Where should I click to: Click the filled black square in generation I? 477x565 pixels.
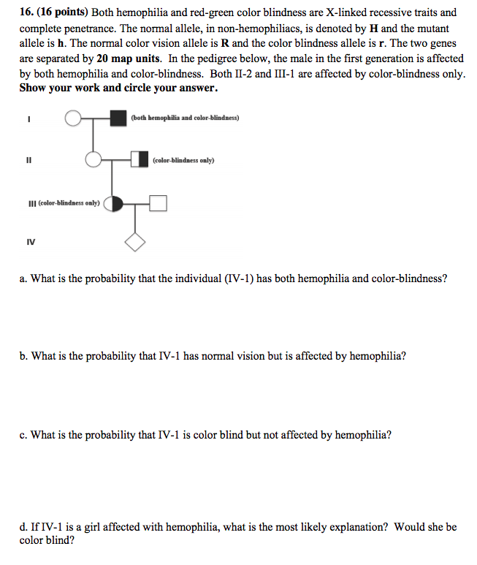[x=118, y=118]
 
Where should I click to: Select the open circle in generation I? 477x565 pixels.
[x=73, y=118]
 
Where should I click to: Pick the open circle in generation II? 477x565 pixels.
[x=94, y=159]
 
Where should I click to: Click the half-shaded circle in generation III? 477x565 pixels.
[x=113, y=203]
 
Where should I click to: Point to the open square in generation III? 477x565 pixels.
[x=159, y=203]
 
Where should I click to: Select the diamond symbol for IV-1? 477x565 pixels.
[x=135, y=243]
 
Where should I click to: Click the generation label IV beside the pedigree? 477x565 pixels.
[x=30, y=241]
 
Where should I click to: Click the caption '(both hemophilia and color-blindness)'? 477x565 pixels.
[x=185, y=118]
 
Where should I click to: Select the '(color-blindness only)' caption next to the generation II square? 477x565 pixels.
[x=183, y=160]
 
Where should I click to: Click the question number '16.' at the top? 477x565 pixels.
[x=27, y=12]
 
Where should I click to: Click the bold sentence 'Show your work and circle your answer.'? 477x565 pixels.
[x=118, y=89]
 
